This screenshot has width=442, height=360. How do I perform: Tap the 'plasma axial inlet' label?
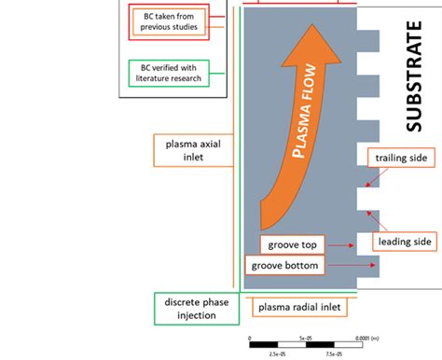click(191, 150)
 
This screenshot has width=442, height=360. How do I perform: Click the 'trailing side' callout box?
click(398, 159)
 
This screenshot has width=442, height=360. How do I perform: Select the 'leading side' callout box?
click(405, 242)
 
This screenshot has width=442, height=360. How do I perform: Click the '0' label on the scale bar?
click(250, 339)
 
